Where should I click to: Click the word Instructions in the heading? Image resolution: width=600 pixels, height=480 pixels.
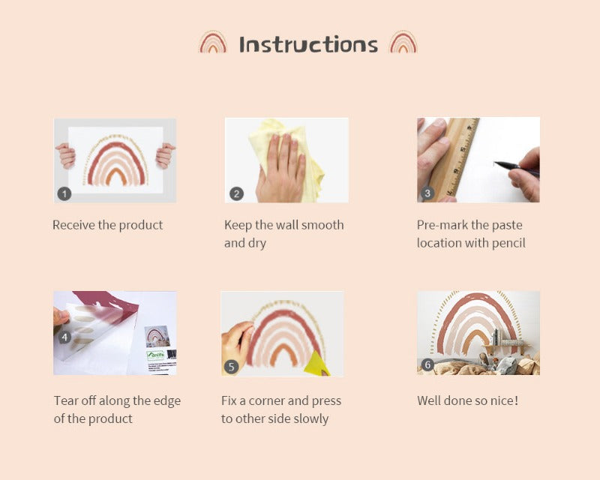tap(308, 44)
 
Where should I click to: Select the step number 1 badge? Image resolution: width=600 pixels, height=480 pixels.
tap(64, 193)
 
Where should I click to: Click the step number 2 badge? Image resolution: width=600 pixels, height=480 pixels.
tap(236, 193)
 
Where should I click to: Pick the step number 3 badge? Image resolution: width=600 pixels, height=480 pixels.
tap(427, 193)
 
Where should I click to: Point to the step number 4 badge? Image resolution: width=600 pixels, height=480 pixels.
tap(64, 337)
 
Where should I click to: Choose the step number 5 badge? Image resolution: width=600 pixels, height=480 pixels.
tap(231, 367)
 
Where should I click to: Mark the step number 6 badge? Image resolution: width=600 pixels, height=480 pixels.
tap(427, 364)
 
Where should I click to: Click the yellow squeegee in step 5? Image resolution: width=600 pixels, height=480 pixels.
tap(316, 364)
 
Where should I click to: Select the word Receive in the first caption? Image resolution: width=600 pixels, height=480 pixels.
tap(73, 225)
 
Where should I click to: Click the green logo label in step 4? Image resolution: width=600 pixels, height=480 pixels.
tap(156, 355)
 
